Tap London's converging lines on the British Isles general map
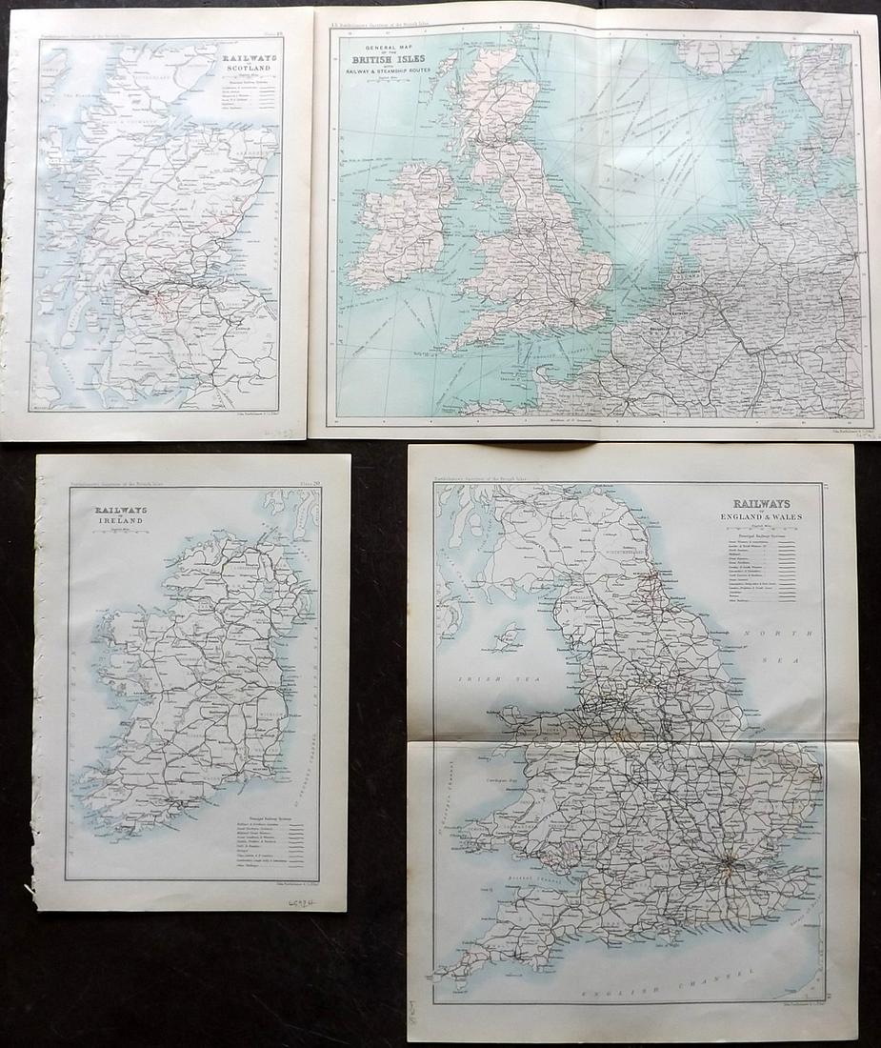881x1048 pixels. [572, 304]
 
